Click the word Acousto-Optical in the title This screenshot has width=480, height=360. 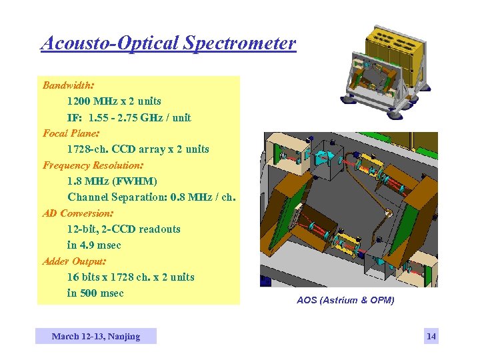[107, 43]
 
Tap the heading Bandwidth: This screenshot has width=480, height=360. [68, 85]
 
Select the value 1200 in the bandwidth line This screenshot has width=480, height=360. [79, 101]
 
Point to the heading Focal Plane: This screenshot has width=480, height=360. [70, 133]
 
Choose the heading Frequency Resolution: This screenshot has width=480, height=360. [93, 165]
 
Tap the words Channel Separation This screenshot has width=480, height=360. [109, 197]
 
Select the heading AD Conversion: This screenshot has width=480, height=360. [78, 213]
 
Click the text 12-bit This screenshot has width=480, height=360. [84, 229]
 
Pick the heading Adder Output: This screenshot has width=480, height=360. [74, 261]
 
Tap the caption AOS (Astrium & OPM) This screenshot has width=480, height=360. [345, 300]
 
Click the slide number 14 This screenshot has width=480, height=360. [431, 336]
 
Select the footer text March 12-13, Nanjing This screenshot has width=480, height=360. [96, 336]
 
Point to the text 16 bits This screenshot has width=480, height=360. [84, 277]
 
